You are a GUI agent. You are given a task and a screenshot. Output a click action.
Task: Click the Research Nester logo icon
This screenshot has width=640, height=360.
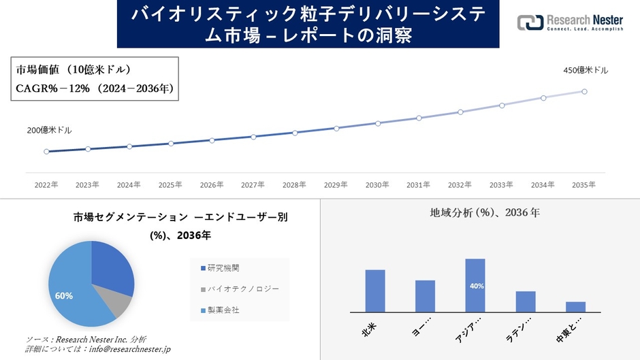click(530, 22)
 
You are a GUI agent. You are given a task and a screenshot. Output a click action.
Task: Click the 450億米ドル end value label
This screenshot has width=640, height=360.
click(586, 70)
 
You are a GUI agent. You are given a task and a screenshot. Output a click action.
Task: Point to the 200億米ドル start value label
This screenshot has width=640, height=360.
click(49, 130)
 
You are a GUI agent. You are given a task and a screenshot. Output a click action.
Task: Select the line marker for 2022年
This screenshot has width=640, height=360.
click(46, 152)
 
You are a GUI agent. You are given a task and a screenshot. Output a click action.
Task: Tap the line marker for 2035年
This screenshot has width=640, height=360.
click(584, 91)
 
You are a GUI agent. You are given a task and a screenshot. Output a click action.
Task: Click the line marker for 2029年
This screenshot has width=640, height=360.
click(336, 128)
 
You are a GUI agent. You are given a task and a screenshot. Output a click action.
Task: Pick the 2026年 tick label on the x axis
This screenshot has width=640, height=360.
click(212, 184)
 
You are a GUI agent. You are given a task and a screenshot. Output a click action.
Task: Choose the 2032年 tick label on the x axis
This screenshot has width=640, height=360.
click(460, 184)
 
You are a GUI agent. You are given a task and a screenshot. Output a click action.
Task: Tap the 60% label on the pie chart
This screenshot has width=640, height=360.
click(63, 296)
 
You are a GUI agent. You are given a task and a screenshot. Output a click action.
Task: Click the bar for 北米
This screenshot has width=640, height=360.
click(375, 291)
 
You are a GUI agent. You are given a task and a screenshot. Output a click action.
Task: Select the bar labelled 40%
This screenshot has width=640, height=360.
click(475, 285)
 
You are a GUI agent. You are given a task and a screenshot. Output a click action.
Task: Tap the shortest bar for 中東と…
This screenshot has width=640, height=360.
click(575, 306)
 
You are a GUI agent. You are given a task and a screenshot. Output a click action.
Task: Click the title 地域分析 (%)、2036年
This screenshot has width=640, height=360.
click(485, 213)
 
